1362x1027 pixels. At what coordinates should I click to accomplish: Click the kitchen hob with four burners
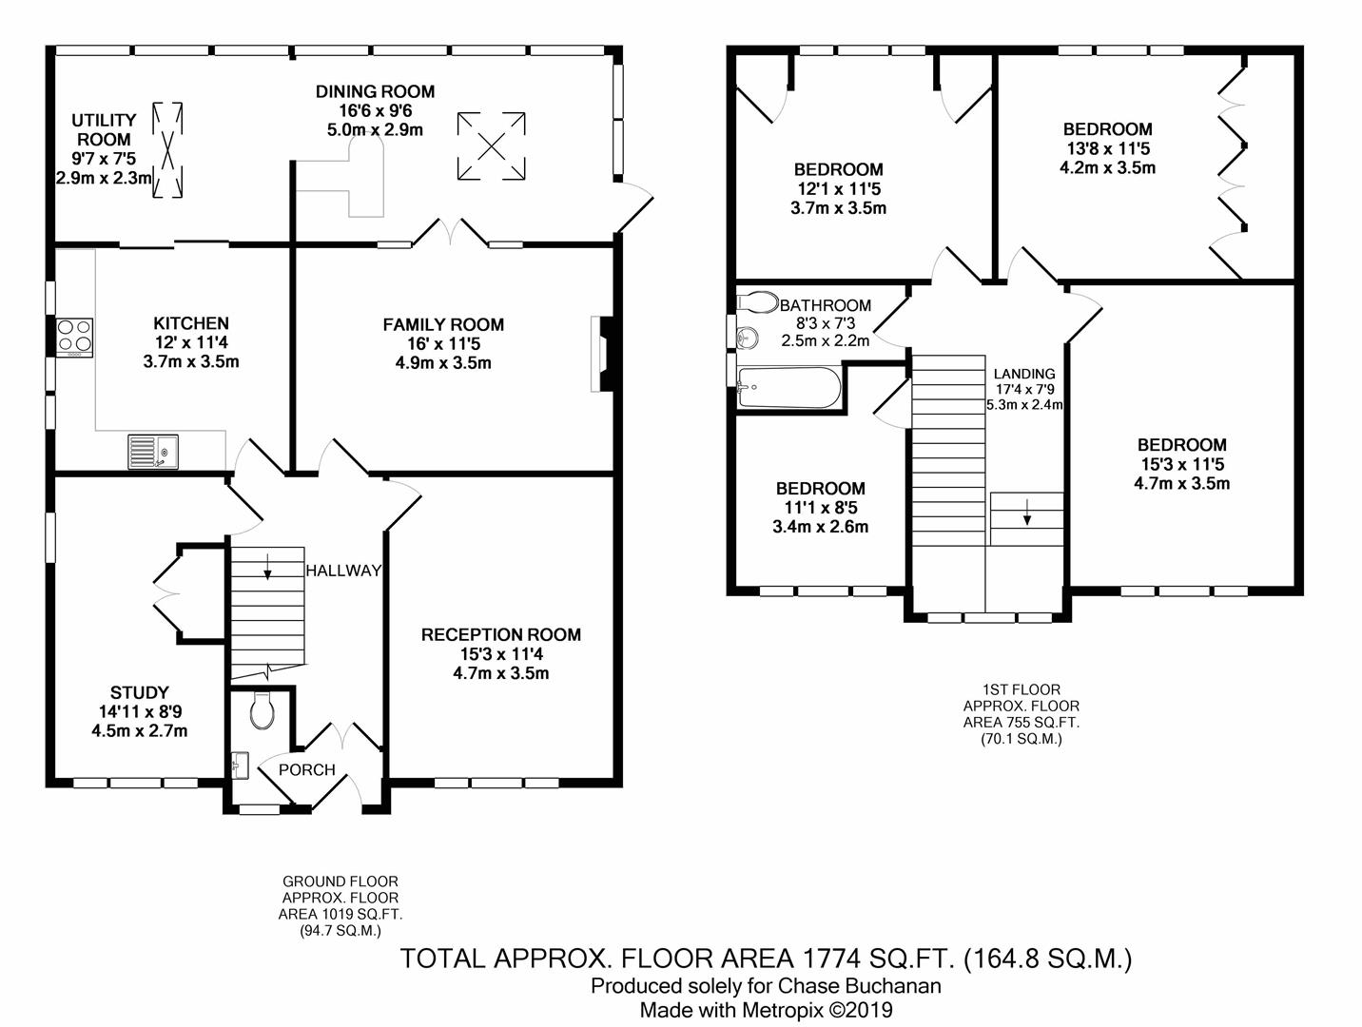[x=74, y=338]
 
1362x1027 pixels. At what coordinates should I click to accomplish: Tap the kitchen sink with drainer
[x=152, y=452]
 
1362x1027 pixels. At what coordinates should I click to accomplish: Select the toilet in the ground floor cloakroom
[x=262, y=710]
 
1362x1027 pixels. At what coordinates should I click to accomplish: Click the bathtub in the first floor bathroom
[x=789, y=388]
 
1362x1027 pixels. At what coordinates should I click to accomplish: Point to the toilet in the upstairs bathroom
[x=758, y=302]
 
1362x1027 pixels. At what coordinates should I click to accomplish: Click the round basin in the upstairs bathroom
[x=747, y=338]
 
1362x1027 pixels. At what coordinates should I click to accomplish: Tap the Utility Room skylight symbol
[x=167, y=150]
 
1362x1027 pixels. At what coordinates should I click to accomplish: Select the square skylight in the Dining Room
[x=491, y=146]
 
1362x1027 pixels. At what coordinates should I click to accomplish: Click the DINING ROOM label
[x=375, y=92]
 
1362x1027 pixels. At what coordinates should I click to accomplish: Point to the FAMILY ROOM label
[x=443, y=324]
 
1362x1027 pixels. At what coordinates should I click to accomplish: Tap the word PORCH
[x=306, y=769]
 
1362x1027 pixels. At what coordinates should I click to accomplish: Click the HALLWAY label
[x=343, y=571]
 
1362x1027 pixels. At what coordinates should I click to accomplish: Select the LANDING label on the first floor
[x=1024, y=374]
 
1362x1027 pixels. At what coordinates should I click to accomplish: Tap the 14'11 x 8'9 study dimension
[x=140, y=712]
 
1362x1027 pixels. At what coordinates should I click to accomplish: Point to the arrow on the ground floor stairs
[x=267, y=566]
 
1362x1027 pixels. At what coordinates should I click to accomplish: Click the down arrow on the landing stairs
[x=1027, y=512]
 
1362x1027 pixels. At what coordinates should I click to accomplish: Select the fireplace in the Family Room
[x=602, y=354]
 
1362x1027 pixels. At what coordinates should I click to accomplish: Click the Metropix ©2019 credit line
[x=766, y=1010]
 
